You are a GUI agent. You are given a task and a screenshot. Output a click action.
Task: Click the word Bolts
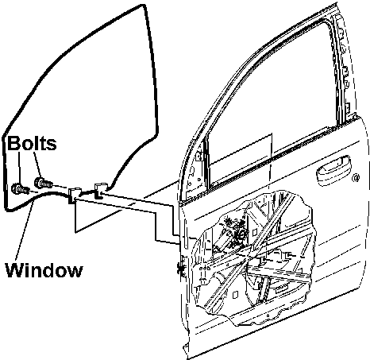[32, 143]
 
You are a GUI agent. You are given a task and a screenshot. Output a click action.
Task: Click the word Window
[44, 270]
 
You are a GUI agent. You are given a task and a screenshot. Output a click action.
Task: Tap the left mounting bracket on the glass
[74, 195]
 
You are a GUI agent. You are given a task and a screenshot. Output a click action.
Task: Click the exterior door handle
[333, 169]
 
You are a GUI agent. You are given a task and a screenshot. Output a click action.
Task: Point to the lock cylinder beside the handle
[357, 178]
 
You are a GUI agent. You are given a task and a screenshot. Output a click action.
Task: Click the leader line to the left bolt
[19, 167]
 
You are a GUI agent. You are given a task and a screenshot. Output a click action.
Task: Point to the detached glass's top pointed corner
[143, 6]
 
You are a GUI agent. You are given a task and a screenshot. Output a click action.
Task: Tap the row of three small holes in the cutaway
[204, 269]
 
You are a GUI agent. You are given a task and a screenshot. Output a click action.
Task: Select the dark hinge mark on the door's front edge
[181, 269]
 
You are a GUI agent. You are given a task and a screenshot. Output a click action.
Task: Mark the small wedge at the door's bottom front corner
[187, 347]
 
